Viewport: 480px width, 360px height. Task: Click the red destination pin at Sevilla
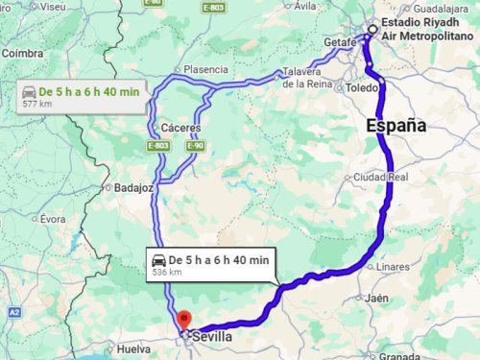184,320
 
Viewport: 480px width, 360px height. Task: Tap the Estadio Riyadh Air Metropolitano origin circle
372,29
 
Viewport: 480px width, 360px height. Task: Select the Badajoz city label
133,188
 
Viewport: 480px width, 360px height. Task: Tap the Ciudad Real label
382,178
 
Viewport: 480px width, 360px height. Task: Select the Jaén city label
376,299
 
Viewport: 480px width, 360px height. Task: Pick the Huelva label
133,349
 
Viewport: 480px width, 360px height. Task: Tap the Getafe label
340,43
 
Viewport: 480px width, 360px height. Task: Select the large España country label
396,125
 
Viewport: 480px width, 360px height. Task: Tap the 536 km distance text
167,273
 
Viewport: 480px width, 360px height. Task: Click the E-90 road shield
197,146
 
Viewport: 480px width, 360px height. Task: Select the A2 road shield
14,313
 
